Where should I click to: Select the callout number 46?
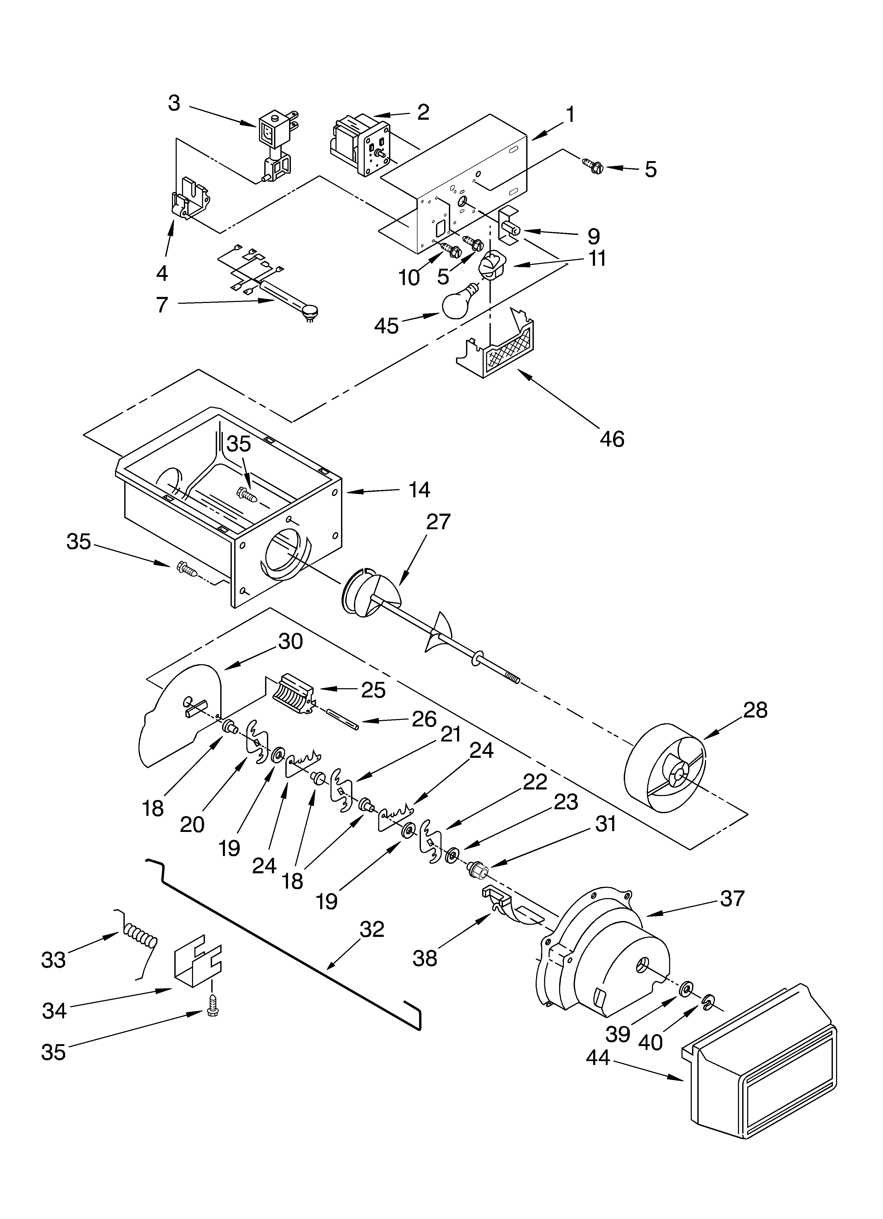(612, 439)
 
